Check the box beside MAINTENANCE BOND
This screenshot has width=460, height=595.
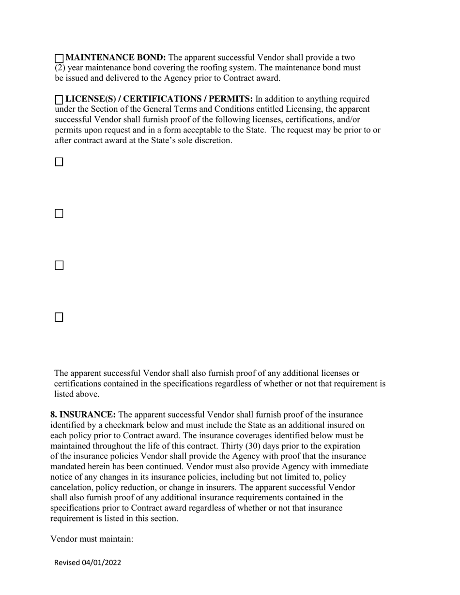[59, 59]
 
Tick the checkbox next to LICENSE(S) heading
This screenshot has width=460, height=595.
[59, 100]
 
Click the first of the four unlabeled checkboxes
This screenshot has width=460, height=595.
[59, 162]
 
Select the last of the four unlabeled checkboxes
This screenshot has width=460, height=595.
[59, 317]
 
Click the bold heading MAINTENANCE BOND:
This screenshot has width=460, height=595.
[115, 58]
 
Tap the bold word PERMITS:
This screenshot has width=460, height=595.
[230, 99]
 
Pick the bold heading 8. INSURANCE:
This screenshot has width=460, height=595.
[83, 415]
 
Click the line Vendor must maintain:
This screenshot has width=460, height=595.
[92, 538]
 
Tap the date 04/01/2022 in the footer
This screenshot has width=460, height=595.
[102, 563]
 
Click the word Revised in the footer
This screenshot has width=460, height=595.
[67, 563]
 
